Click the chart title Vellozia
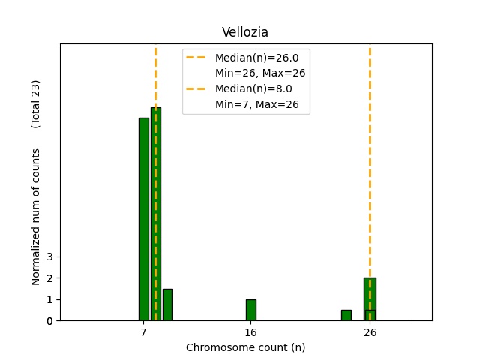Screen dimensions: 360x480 coord(245,32)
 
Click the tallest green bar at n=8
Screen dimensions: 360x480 coord(155,214)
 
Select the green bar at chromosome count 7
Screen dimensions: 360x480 coord(143,219)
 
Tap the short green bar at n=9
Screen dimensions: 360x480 coord(167,304)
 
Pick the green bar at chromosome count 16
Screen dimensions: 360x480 coord(250,310)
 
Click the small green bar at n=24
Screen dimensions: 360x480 coord(346,315)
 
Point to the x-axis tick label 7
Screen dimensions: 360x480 coord(143,331)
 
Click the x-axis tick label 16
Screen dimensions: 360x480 coord(250,331)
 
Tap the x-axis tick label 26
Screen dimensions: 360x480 coord(370,331)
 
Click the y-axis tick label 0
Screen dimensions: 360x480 coord(49,321)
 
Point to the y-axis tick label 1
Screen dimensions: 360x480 coord(49,299)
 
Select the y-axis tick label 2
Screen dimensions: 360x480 coord(49,278)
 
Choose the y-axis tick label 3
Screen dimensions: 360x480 coord(49,256)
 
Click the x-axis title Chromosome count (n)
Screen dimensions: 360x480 coord(245,347)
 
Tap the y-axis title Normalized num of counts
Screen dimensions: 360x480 coord(36,216)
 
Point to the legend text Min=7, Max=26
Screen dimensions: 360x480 coord(256,104)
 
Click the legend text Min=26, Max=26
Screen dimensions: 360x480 coord(259,73)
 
